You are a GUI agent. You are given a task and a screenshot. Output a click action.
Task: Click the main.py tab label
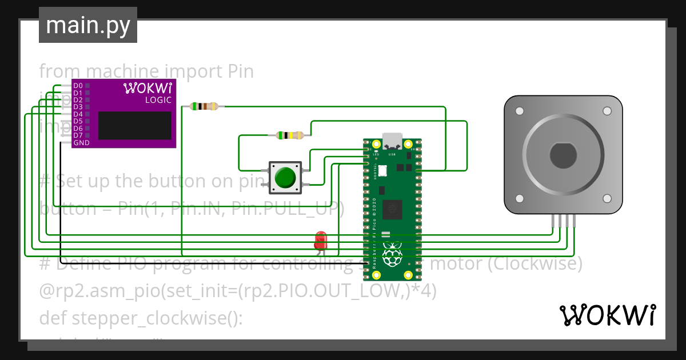87,25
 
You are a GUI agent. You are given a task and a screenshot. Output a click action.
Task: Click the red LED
321,239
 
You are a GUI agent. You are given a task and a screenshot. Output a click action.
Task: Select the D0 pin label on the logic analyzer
78,86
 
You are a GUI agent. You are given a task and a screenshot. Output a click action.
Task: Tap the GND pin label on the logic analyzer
81,143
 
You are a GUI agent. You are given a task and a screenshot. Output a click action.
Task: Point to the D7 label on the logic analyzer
78,135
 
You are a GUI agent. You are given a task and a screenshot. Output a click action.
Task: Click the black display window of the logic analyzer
134,126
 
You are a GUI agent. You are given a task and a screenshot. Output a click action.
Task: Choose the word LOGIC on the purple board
158,100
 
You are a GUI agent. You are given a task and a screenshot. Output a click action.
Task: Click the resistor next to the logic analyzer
204,106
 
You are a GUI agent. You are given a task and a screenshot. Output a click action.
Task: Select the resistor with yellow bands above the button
290,135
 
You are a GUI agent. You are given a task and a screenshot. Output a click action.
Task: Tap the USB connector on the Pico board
392,141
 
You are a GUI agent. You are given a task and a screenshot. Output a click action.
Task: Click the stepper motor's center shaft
563,155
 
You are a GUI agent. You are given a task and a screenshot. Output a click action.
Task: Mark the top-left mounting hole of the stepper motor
519,111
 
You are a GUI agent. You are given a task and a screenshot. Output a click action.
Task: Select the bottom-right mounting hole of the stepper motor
607,198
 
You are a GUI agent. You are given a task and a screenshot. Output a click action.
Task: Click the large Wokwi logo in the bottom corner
607,315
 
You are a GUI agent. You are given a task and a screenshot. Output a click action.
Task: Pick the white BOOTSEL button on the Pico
382,170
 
